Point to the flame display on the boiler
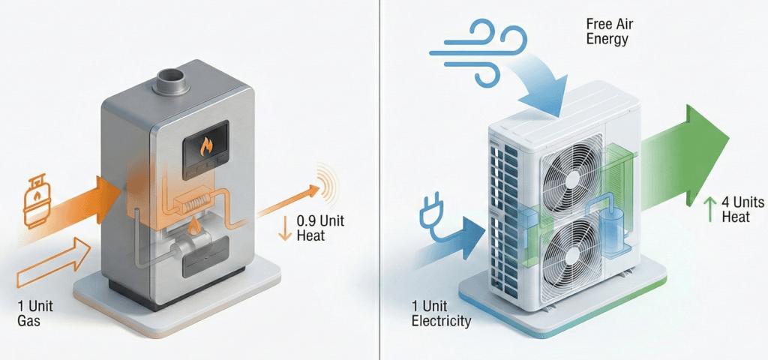(x=205, y=145)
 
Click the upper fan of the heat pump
(x=572, y=173)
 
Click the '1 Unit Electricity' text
(x=442, y=314)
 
